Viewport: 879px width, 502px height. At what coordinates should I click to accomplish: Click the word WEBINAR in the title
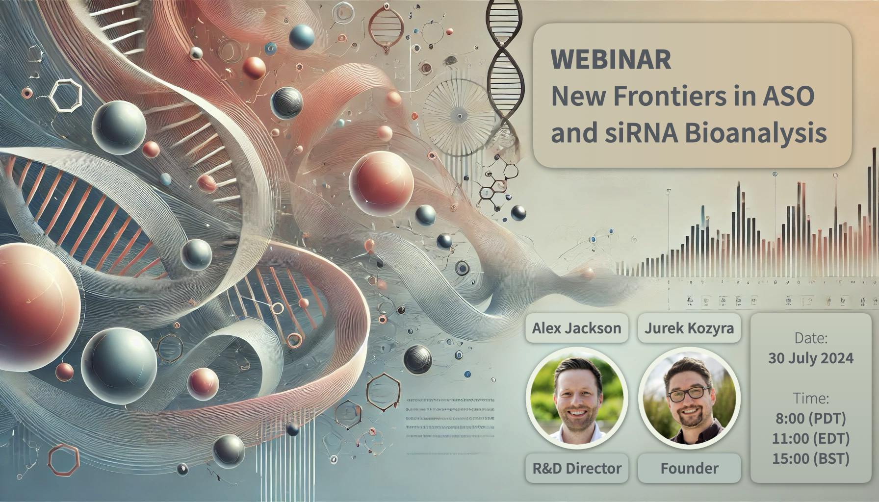pos(611,59)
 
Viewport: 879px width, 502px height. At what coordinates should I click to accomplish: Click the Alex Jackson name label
pos(576,328)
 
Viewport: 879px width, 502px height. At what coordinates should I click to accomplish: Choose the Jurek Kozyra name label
pos(689,328)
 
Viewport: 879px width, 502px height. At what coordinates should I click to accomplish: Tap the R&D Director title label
pos(576,468)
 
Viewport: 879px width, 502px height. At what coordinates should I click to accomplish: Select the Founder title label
pos(689,468)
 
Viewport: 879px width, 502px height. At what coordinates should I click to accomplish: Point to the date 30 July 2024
pos(811,358)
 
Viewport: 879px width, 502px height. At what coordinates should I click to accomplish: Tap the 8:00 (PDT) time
pos(811,418)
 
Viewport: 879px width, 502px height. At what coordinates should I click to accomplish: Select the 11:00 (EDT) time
pos(811,438)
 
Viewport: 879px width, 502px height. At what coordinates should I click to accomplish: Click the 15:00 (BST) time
pos(811,458)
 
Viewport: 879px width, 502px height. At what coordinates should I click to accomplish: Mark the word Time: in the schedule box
pos(811,398)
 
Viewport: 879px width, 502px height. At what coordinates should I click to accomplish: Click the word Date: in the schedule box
pos(811,338)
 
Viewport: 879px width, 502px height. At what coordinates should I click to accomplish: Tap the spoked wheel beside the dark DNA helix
pos(460,116)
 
